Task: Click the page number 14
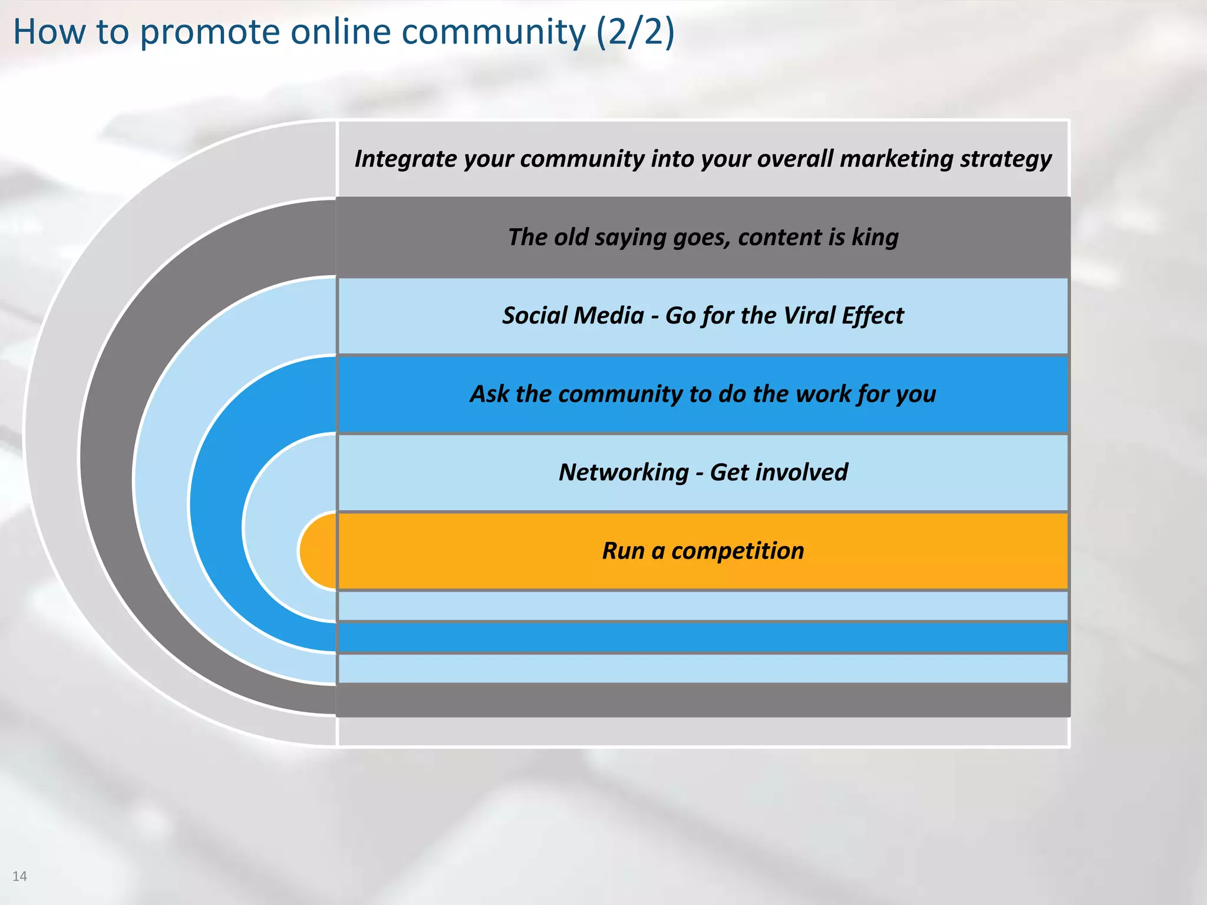click(19, 876)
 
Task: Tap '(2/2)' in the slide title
click(635, 32)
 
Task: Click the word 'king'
click(875, 237)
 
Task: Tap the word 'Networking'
click(624, 472)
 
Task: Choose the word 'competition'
click(737, 550)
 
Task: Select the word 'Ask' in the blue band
click(489, 394)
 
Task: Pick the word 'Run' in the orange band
click(623, 550)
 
